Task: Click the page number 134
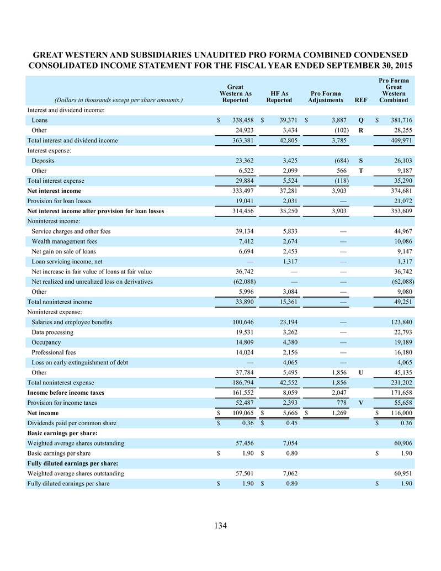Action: tap(221, 525)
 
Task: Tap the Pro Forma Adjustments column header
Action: tap(325, 97)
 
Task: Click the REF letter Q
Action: tap(360, 120)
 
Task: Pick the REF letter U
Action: tap(360, 372)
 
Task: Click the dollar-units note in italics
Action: tap(104, 100)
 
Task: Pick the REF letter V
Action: tap(360, 403)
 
